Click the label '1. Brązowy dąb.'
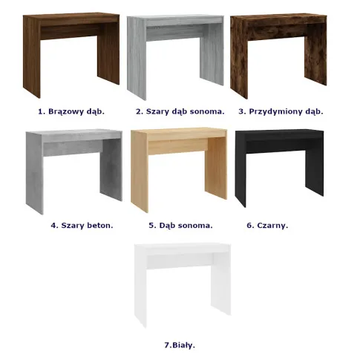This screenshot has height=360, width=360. pos(71,111)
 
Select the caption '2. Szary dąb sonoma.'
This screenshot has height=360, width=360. pos(180,111)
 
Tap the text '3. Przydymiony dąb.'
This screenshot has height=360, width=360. pos(281,111)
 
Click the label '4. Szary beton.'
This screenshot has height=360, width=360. pos(82,226)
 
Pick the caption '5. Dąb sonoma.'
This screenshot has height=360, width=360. pos(180,226)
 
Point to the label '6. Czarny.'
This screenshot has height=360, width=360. pos(267,226)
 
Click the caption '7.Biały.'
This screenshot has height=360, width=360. pos(180,345)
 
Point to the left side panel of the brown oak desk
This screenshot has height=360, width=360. pos(32,57)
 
